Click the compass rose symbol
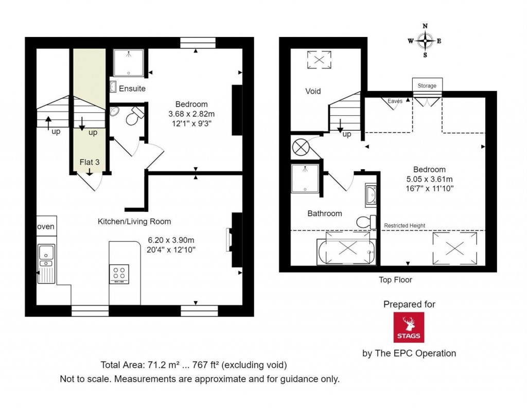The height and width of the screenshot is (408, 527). pyautogui.click(x=425, y=41)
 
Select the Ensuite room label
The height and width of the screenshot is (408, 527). pyautogui.click(x=132, y=88)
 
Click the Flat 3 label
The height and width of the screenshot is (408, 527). pyautogui.click(x=89, y=163)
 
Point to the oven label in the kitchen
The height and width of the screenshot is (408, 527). pyautogui.click(x=46, y=226)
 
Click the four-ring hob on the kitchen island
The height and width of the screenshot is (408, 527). pyautogui.click(x=119, y=274)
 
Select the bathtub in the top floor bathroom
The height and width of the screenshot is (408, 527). pyautogui.click(x=345, y=252)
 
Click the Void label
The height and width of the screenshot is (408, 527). pyautogui.click(x=313, y=91)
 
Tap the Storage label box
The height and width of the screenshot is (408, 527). pyautogui.click(x=427, y=85)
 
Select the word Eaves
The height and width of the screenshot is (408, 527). pyautogui.click(x=395, y=101)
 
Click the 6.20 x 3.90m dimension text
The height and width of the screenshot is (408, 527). pyautogui.click(x=171, y=240)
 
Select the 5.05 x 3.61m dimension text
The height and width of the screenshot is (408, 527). pyautogui.click(x=429, y=179)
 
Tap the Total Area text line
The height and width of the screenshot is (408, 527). pyautogui.click(x=194, y=365)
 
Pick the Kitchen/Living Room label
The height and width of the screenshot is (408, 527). pyautogui.click(x=134, y=221)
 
